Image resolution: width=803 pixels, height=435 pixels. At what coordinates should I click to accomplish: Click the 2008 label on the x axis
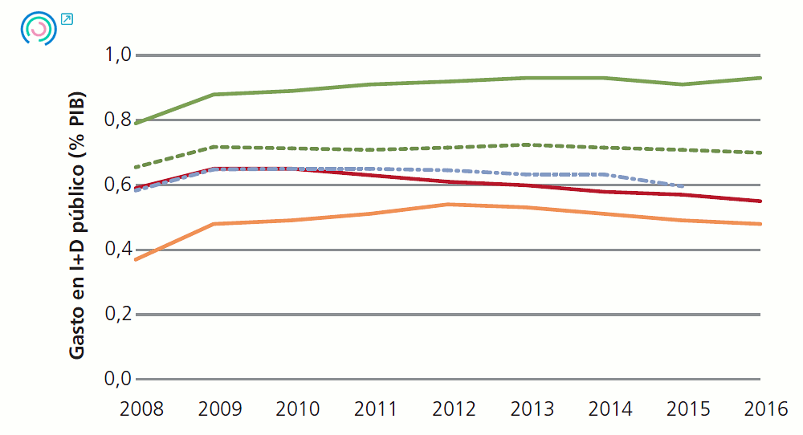coord(141,409)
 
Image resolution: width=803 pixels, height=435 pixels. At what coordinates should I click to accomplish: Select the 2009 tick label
coord(219,409)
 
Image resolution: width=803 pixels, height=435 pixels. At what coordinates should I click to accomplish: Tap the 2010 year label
coord(297,409)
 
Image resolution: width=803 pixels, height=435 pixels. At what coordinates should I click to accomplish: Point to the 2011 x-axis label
coord(375,409)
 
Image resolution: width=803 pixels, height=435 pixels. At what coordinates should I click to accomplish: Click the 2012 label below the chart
coord(453,409)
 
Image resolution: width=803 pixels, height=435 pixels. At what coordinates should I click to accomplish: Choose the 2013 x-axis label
coord(531,409)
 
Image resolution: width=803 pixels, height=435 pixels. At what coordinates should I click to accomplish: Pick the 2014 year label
coord(609,409)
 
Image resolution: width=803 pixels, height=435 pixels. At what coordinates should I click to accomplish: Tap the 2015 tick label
coord(687,409)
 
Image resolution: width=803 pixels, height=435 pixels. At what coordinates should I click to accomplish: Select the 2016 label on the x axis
coord(764,409)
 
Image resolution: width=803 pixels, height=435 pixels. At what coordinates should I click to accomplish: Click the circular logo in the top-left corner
coord(38,29)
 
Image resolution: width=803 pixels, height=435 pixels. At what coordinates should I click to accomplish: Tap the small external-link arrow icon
coord(67,18)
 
